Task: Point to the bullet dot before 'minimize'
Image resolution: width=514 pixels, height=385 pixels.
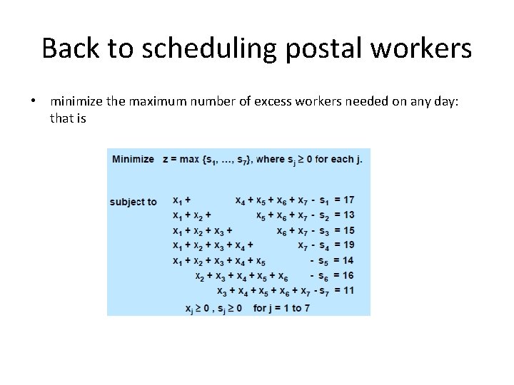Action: point(34,102)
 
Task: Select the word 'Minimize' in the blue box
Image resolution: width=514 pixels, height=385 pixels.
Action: point(133,159)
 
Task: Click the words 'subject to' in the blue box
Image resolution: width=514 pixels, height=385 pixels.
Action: point(133,202)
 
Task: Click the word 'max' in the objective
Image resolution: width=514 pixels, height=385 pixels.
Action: point(189,159)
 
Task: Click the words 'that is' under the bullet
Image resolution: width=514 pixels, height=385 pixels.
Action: point(68,118)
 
